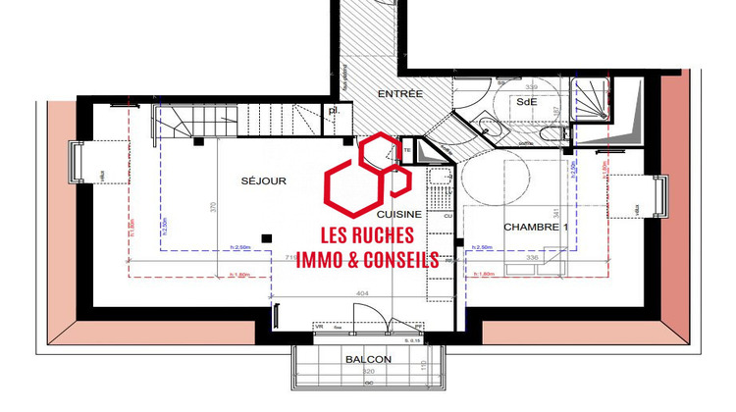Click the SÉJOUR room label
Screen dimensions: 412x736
(x=263, y=181)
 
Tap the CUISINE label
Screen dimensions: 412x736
(x=398, y=214)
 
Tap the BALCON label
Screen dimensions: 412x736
(x=368, y=359)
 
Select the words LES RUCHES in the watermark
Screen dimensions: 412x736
(x=368, y=236)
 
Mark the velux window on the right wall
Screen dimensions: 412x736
(x=661, y=196)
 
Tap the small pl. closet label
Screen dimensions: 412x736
(x=335, y=111)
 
